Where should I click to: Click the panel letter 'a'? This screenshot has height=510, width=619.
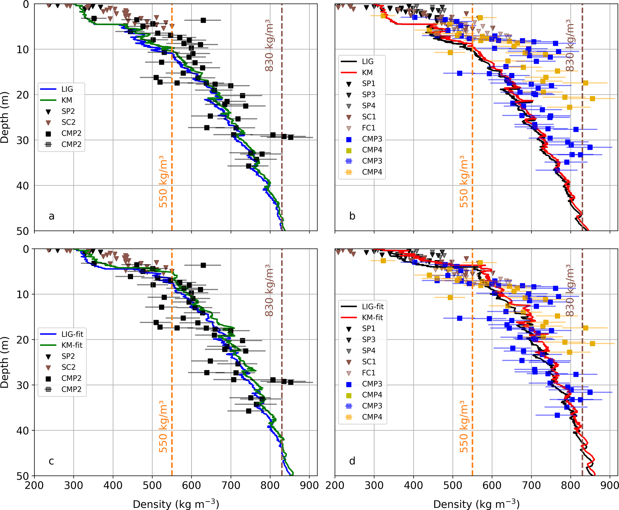[x=52, y=216]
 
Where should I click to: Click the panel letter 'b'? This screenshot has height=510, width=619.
[x=352, y=216]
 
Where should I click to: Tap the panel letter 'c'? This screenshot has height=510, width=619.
[x=52, y=461]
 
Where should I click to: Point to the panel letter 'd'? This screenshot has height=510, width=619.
[x=352, y=461]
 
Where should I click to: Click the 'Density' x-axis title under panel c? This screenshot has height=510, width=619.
[x=176, y=504]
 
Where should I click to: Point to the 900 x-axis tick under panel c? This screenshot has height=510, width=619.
[x=309, y=485]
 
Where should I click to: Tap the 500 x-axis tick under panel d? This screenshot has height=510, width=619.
[x=452, y=485]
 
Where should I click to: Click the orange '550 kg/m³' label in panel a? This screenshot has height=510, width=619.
[x=163, y=181]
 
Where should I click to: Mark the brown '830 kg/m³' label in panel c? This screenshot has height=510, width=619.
[x=269, y=290]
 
